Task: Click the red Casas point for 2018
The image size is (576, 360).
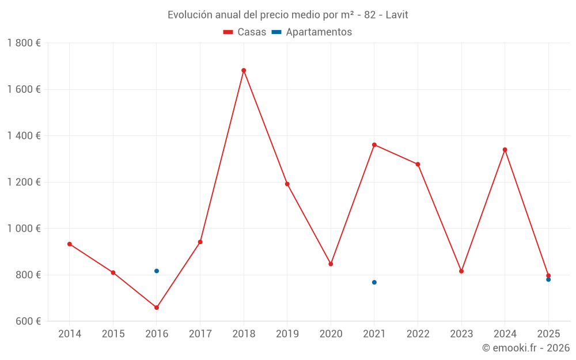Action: coord(244,70)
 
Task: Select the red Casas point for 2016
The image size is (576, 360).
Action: coord(157,308)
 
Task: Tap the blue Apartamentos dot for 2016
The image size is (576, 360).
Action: coord(157,271)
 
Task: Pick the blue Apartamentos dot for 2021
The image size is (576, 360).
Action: coord(374,282)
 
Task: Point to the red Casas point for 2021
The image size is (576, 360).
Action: coord(374,145)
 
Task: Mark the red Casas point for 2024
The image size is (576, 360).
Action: coord(505,150)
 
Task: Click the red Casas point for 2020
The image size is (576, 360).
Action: coord(331,264)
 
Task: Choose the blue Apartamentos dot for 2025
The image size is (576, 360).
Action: coord(548,280)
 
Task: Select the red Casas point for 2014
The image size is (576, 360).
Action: coord(70,244)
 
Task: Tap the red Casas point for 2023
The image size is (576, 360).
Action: coord(461,271)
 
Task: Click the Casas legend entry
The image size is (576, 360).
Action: coord(245,32)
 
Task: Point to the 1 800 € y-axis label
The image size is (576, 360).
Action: coord(24,43)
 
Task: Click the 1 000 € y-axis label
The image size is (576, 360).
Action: coord(24,228)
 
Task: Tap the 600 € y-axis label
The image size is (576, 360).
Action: coord(27,321)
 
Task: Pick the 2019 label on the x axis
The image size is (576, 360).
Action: coord(287,334)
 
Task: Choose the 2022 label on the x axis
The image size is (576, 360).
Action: coord(418,334)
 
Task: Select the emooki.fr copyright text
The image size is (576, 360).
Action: coord(526,347)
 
